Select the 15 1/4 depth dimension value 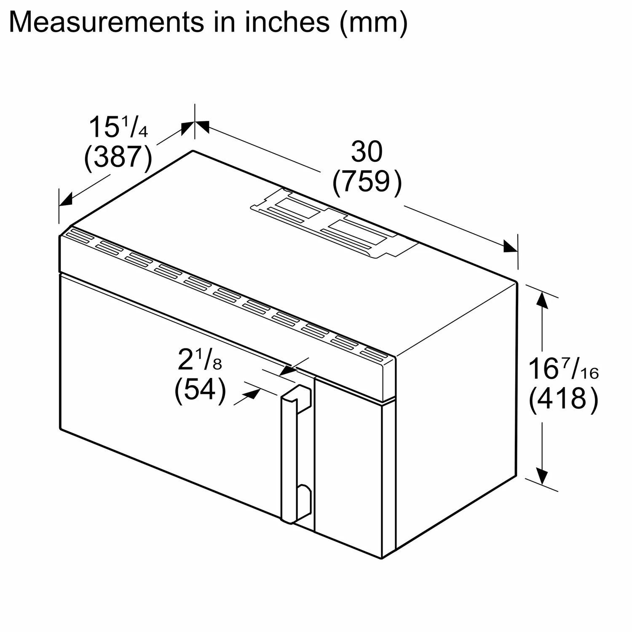coord(118,127)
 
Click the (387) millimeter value coord(118,158)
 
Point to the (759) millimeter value coord(367,182)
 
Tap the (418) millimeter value coord(563,399)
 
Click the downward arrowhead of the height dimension coord(543,476)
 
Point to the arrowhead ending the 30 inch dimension coord(511,246)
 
